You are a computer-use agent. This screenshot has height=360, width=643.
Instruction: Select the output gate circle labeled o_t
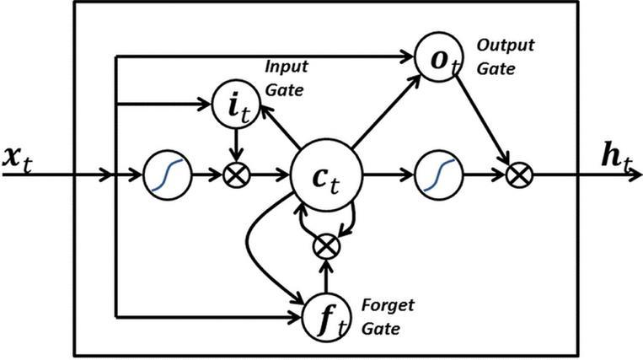pyautogui.click(x=436, y=59)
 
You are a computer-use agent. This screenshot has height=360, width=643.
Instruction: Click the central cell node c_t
pyautogui.click(x=326, y=177)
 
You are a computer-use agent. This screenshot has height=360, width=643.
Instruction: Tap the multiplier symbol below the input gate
pyautogui.click(x=238, y=176)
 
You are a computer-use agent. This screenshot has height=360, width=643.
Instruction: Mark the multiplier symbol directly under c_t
pyautogui.click(x=325, y=245)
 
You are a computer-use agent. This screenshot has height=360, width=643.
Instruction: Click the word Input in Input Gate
pyautogui.click(x=287, y=66)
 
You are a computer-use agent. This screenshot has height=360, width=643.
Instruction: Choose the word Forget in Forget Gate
pyautogui.click(x=387, y=304)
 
